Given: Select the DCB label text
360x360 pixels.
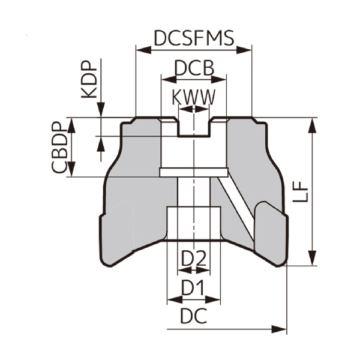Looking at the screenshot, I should [x=193, y=68].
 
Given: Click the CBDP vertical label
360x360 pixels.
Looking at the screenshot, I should [x=58, y=148].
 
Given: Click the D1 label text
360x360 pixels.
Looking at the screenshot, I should [x=193, y=289].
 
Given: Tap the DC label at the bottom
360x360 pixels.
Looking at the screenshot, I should [x=193, y=316].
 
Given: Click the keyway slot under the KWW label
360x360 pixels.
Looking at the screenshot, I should [x=193, y=127].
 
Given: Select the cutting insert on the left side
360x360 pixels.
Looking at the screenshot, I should [x=116, y=231].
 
